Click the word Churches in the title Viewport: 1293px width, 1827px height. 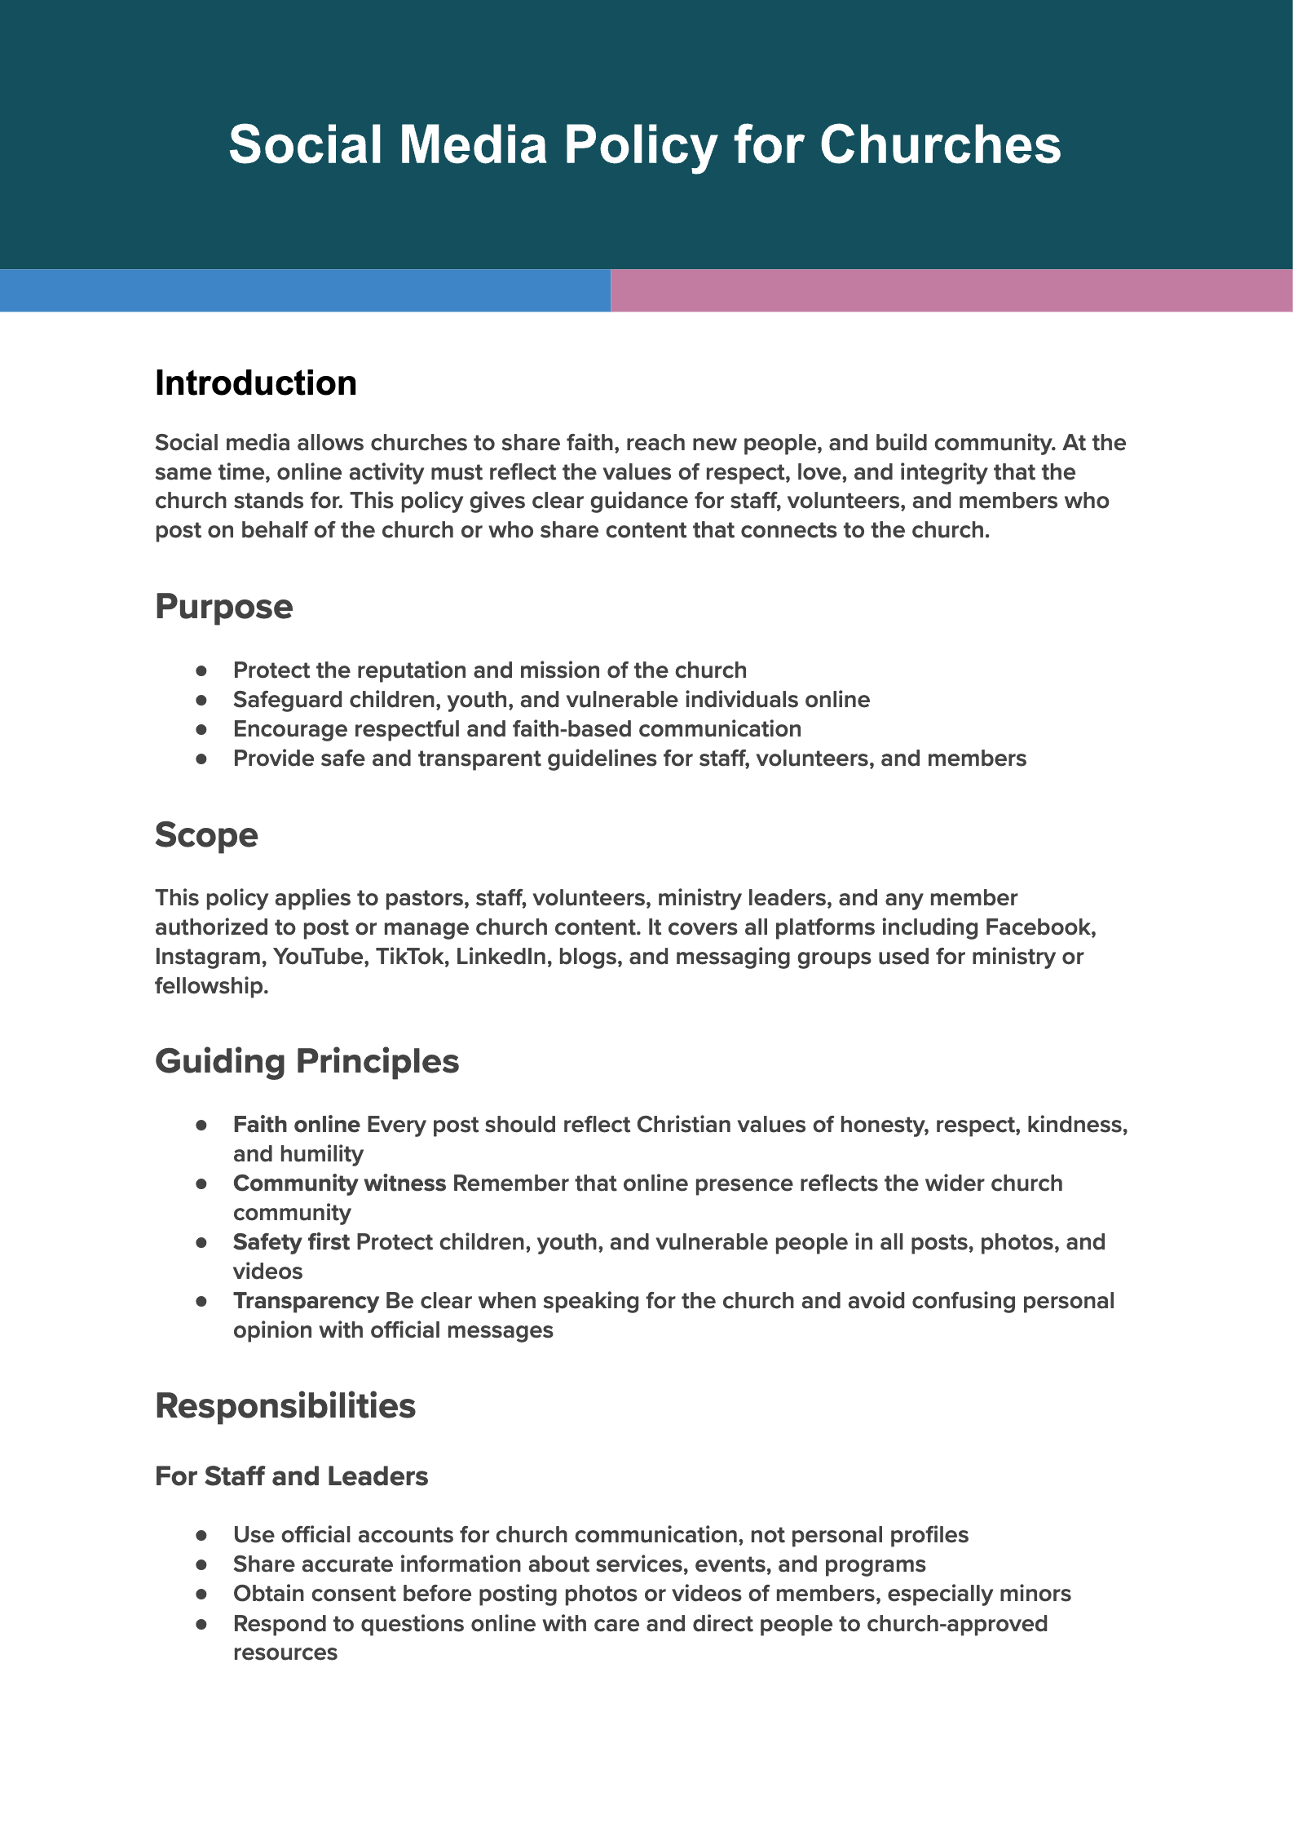(x=940, y=145)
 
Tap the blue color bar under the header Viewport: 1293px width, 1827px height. (x=305, y=290)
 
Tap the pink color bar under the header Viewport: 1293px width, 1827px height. (x=951, y=290)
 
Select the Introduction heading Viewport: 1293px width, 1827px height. (x=256, y=383)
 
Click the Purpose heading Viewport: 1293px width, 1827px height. (x=223, y=607)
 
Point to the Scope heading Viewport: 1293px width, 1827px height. (x=206, y=835)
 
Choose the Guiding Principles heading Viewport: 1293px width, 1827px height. (x=307, y=1061)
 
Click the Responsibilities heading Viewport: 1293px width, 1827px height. (x=285, y=1406)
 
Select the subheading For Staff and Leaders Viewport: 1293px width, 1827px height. (x=291, y=1476)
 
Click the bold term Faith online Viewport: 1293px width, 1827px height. (x=296, y=1125)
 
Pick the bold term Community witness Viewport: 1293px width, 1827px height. (x=339, y=1183)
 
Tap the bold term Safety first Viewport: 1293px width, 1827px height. (x=291, y=1242)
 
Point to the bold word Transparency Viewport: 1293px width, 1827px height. (x=306, y=1301)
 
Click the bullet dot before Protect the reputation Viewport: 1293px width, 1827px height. (x=201, y=670)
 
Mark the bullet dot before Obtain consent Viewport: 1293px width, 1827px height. (x=201, y=1594)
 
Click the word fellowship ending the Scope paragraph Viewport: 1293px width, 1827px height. (x=210, y=986)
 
